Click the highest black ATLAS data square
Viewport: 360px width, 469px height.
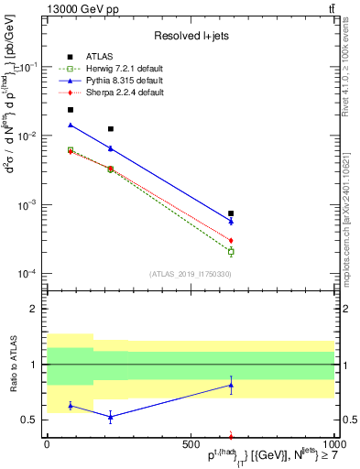point(71,110)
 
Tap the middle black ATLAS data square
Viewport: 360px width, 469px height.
point(111,129)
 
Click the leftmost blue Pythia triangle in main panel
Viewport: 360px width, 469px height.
point(71,125)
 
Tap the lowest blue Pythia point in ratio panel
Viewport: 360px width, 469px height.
point(111,417)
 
